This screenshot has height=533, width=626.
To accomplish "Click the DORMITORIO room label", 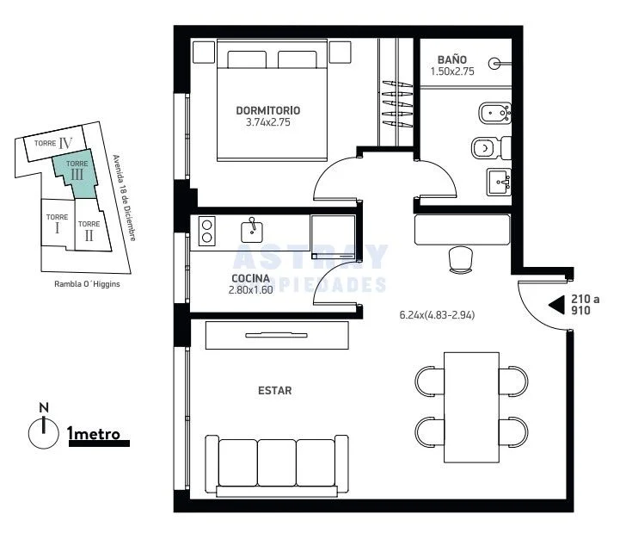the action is click(x=268, y=110).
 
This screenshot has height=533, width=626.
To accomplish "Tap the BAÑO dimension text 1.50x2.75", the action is click(x=452, y=71).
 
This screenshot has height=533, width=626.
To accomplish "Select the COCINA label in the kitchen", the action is click(x=250, y=278).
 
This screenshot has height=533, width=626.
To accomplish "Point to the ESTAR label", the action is click(x=274, y=390).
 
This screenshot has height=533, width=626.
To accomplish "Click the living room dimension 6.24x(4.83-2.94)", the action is click(x=437, y=315).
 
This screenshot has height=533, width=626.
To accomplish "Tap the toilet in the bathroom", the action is click(x=491, y=148).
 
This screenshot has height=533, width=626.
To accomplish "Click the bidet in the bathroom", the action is click(x=494, y=113).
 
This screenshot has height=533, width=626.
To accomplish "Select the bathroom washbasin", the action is click(x=499, y=182).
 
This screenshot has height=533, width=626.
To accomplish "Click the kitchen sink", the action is click(x=252, y=231).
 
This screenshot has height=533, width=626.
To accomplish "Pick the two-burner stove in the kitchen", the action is click(x=206, y=231).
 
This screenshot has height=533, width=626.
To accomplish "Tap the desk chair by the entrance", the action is click(x=461, y=259).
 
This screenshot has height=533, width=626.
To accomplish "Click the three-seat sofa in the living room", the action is click(x=277, y=466).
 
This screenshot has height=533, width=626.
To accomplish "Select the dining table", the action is click(x=471, y=407).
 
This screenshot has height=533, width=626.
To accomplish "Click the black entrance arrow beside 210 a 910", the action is click(x=556, y=305).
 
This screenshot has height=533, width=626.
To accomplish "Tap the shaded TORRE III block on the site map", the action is click(x=76, y=174).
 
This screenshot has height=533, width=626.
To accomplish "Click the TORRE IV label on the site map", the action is click(x=53, y=143).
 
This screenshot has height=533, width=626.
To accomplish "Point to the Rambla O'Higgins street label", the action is click(x=87, y=284).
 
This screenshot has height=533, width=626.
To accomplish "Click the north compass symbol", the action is click(x=44, y=429).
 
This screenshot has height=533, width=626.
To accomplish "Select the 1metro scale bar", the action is click(x=99, y=443).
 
